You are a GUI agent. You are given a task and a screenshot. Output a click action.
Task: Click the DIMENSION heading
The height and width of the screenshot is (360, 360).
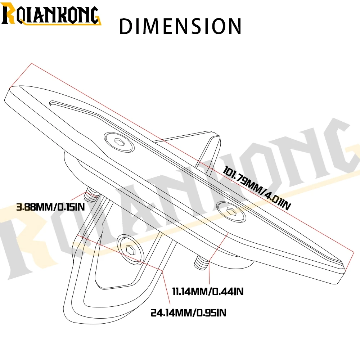click(180, 26)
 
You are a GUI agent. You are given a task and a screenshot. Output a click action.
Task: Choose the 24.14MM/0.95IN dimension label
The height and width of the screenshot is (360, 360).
click(189, 313)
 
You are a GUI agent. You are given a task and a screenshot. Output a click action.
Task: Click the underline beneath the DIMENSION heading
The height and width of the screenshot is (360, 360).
click(180, 40)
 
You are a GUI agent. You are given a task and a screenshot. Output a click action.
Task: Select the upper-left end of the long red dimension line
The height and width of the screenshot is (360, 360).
click(32, 63)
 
